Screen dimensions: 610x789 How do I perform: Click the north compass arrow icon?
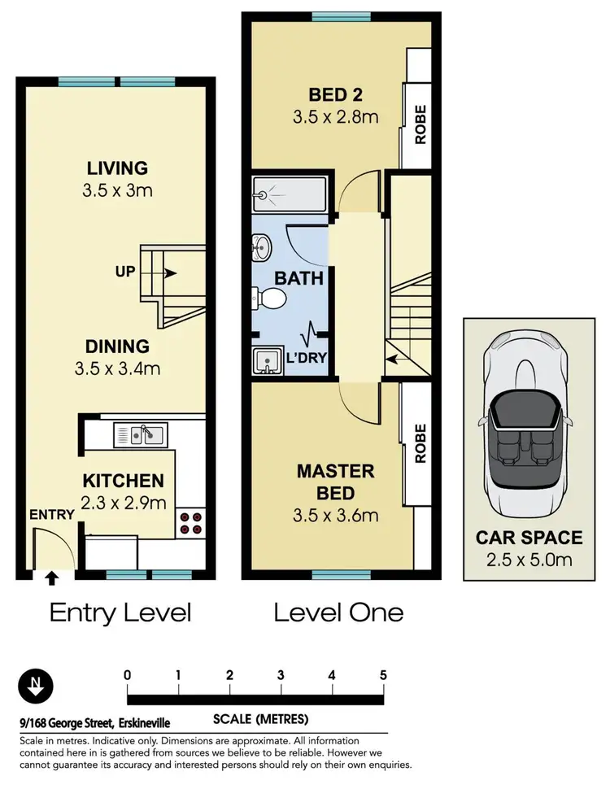point(35,686)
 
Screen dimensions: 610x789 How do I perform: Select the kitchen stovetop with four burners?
point(191,523)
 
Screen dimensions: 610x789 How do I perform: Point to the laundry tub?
point(268,361)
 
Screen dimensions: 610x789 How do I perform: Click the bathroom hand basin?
point(261,247)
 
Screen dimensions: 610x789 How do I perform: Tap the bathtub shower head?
point(262,194)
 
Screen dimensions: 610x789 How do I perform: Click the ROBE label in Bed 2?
point(420,124)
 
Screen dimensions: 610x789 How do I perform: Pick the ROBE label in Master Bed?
point(420,443)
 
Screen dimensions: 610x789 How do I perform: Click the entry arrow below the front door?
point(50,578)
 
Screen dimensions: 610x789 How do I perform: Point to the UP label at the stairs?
point(125,272)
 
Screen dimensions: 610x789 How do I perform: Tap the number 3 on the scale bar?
point(281,675)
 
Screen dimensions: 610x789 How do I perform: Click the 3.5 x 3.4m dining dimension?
point(117,368)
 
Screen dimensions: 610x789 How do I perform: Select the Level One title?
point(338,612)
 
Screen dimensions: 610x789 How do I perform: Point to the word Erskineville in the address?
point(145,724)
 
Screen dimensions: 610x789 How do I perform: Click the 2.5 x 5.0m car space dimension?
point(529,560)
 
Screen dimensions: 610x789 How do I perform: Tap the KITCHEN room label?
point(124,481)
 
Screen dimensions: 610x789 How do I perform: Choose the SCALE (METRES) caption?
point(261,719)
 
